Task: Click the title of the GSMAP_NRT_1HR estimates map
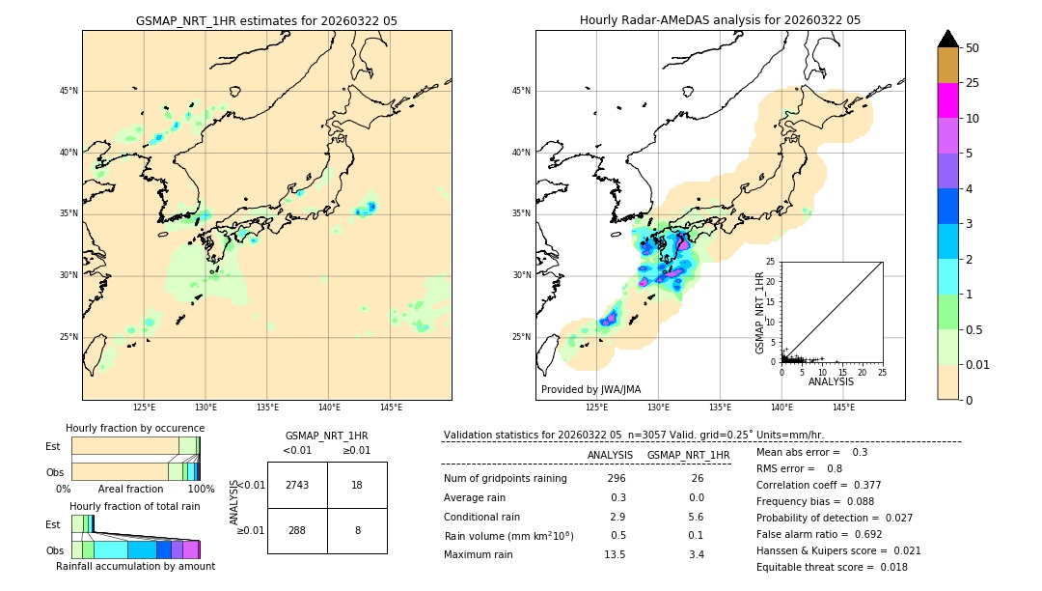[266, 20]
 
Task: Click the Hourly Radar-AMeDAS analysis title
[720, 20]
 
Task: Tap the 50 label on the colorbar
[973, 48]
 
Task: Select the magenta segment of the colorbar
[947, 100]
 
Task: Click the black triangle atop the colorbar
[947, 39]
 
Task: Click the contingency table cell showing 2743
[297, 485]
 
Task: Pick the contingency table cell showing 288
[297, 530]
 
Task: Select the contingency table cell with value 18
[357, 485]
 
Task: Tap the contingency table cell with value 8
[357, 530]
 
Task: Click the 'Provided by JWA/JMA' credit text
[590, 389]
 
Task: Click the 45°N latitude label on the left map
[69, 91]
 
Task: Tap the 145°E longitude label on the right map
[843, 408]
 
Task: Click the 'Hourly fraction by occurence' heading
[135, 428]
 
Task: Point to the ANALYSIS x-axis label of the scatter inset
[831, 382]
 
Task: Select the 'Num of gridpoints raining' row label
[505, 479]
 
